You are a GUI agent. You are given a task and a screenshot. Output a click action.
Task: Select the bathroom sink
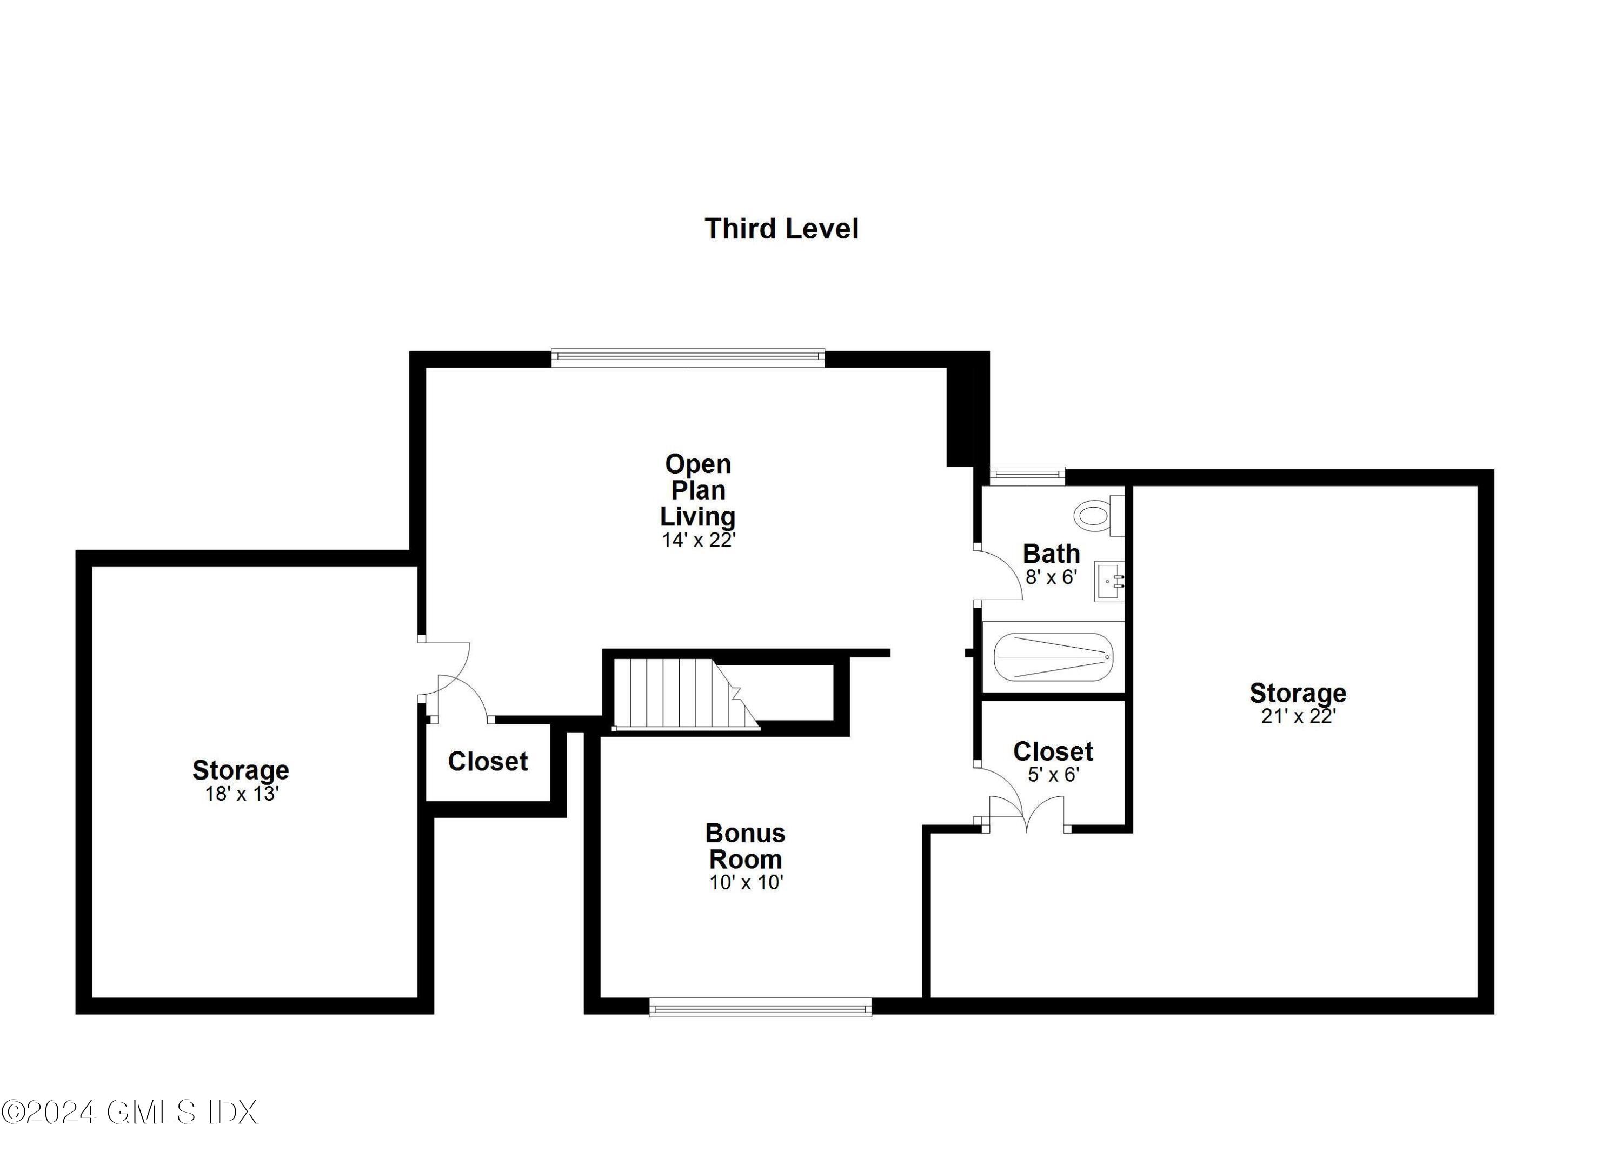pos(1108,581)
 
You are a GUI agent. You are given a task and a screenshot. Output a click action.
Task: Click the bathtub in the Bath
pos(1053,656)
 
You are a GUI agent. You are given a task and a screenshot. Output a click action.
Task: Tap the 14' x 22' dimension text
pos(698,541)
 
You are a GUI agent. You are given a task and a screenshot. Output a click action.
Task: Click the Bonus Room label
pos(745,846)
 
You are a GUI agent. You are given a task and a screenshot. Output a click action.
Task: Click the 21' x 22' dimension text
pos(1298,717)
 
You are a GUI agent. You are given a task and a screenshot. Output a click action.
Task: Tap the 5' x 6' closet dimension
pos(1053,775)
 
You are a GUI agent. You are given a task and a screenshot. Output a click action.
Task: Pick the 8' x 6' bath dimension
pos(1051,577)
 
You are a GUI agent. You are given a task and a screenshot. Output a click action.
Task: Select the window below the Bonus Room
pos(760,1008)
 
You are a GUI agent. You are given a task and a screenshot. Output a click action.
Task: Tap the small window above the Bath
pos(1027,475)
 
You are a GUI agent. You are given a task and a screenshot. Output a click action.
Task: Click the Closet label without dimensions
pos(488,762)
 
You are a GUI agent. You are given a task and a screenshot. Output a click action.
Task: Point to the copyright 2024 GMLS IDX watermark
pos(129,1112)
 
